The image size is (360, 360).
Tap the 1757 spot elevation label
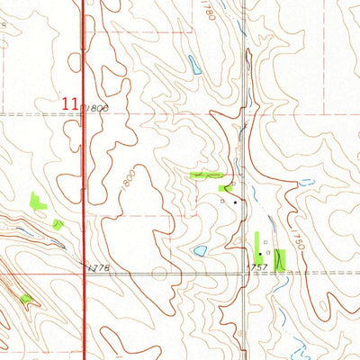pyautogui.click(x=260, y=268)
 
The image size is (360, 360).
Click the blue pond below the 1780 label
pyautogui.click(x=194, y=65)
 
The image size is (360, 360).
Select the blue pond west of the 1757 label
pyautogui.click(x=200, y=251)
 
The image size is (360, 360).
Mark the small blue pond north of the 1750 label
pyautogui.click(x=307, y=183)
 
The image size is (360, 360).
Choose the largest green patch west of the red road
pyautogui.click(x=39, y=202)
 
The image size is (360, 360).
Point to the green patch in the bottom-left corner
pyautogui.click(x=26, y=299)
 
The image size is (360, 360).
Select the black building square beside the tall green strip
pyautogui.click(x=260, y=255)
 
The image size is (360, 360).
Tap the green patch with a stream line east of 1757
pyautogui.click(x=279, y=259)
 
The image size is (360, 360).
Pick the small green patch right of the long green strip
pyautogui.click(x=225, y=188)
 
